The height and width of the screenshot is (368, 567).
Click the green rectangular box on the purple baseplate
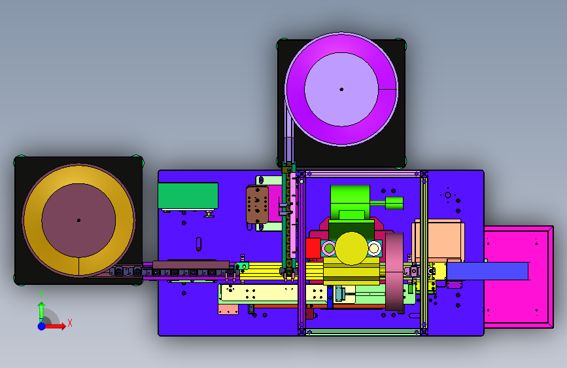coord(188,196)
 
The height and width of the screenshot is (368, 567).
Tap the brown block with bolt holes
coord(257,205)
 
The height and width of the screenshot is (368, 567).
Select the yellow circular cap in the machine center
coord(351,248)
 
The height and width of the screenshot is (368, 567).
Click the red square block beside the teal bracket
coord(313,248)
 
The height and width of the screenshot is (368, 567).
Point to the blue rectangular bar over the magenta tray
coord(487,271)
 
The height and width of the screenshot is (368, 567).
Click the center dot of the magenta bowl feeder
coord(341,89)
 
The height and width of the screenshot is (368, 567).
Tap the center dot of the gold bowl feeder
coord(78,220)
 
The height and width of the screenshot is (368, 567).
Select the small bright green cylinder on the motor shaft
coord(394,203)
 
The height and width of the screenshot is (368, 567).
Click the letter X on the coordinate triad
coord(70,323)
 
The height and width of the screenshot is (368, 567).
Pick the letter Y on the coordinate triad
coord(41,295)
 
